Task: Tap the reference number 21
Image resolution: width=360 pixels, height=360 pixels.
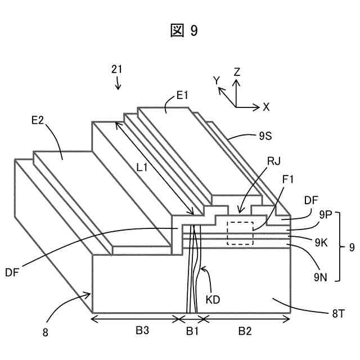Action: point(117,69)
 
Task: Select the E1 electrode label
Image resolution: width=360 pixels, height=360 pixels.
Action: point(182,96)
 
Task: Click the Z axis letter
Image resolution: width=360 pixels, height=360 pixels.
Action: point(237,72)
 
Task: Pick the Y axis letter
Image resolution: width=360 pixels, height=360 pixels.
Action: point(216,80)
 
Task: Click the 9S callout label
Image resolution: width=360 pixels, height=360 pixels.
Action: point(265,135)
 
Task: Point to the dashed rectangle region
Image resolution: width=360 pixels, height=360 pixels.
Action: point(240,233)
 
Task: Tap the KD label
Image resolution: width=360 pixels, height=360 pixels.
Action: point(213,299)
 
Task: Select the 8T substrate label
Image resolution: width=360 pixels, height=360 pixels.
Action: point(338,314)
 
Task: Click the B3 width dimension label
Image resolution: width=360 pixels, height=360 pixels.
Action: point(142,331)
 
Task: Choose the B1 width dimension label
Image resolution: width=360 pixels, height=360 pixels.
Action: point(192,331)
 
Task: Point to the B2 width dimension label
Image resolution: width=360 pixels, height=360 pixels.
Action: point(245,331)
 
